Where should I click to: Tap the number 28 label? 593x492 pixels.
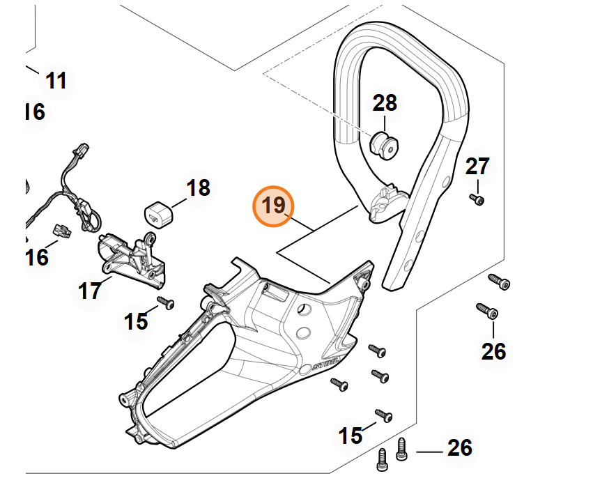385,103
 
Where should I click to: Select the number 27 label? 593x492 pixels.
477,167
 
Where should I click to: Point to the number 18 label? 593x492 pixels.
198,188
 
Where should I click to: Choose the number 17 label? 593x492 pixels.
90,291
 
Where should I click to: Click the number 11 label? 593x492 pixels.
56,81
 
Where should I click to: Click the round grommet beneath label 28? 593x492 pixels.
383,145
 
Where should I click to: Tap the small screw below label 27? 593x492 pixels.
477,200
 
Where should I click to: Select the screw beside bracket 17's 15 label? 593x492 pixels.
166,302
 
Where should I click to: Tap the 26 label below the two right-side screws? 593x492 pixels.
493,351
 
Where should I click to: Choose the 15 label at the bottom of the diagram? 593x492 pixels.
350,436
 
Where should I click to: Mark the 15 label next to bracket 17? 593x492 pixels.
136,321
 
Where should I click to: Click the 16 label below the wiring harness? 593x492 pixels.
37,258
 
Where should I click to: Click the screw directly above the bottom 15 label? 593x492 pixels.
384,415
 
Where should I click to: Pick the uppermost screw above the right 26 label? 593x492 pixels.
500,282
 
